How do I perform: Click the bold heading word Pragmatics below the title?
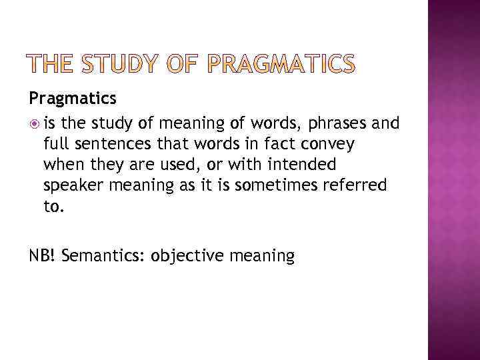click(73, 99)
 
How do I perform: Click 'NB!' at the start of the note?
click(41, 255)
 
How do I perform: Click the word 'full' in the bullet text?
click(55, 143)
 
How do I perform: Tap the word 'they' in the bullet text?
click(105, 164)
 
